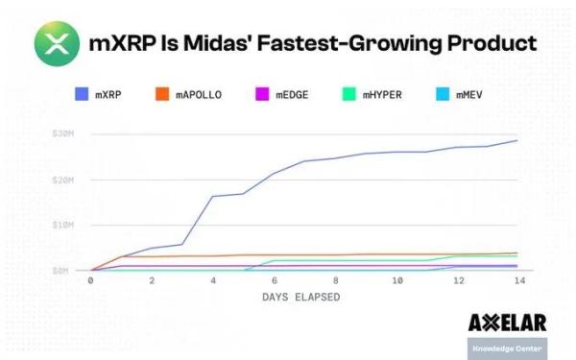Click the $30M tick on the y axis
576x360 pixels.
point(61,133)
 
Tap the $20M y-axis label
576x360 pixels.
point(61,180)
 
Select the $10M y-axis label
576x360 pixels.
point(61,225)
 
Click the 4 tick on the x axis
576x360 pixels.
point(212,280)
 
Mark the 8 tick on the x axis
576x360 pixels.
point(335,280)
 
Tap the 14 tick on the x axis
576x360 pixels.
point(518,280)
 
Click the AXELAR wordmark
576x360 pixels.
point(507,323)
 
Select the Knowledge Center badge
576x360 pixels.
point(507,348)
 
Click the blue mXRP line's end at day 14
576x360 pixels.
point(518,140)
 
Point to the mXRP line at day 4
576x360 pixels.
point(212,196)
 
